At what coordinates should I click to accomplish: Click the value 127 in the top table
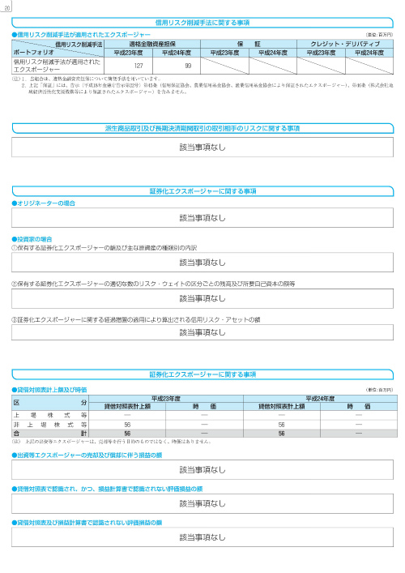139,66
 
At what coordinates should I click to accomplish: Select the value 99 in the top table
187,66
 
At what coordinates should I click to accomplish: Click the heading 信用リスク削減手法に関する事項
202,22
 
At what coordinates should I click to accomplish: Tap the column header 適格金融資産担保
163,44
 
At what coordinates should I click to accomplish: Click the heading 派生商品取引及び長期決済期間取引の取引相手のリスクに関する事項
202,128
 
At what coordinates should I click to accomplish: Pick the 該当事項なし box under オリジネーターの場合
202,218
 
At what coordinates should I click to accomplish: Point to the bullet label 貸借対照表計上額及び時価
47,389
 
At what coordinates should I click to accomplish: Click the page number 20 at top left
6,6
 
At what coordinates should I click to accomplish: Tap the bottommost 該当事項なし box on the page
202,537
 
